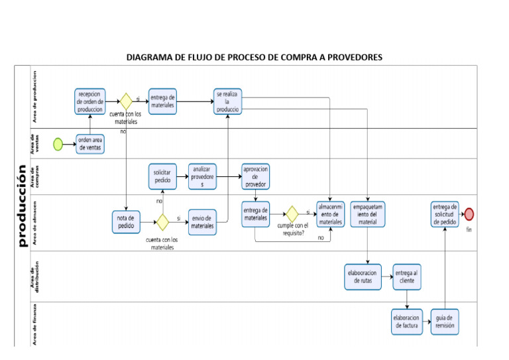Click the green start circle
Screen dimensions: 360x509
point(58,143)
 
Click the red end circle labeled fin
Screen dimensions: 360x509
point(469,213)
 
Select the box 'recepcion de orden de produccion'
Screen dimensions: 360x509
point(89,101)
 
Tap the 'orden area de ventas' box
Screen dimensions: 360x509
point(90,144)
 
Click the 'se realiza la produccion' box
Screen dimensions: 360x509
point(227,101)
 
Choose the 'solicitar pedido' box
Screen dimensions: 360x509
point(162,176)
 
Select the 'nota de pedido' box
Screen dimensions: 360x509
point(125,221)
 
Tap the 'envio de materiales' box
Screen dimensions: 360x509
point(202,221)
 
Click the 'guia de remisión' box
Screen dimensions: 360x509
point(444,322)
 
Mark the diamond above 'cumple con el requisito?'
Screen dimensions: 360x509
point(291,214)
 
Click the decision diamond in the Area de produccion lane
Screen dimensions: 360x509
point(125,101)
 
